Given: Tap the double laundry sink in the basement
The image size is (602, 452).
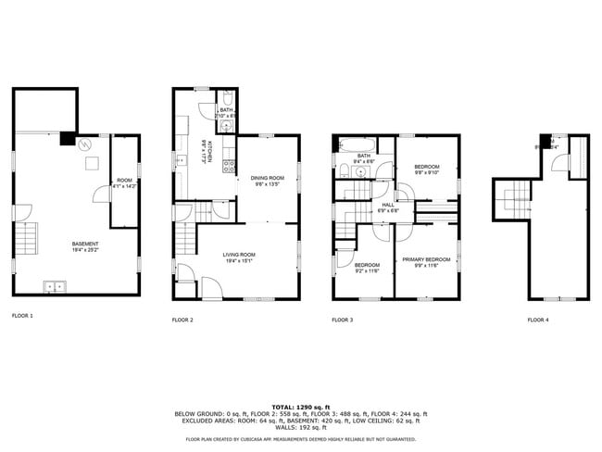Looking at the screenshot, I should pos(54,286).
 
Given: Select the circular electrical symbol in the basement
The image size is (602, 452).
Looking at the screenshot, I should pos(84,145).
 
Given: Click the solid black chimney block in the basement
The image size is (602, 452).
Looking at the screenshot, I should pos(67,139).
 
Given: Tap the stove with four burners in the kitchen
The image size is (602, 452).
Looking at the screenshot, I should pos(225,162).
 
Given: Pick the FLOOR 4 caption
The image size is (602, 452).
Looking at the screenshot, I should pos(538,320).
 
